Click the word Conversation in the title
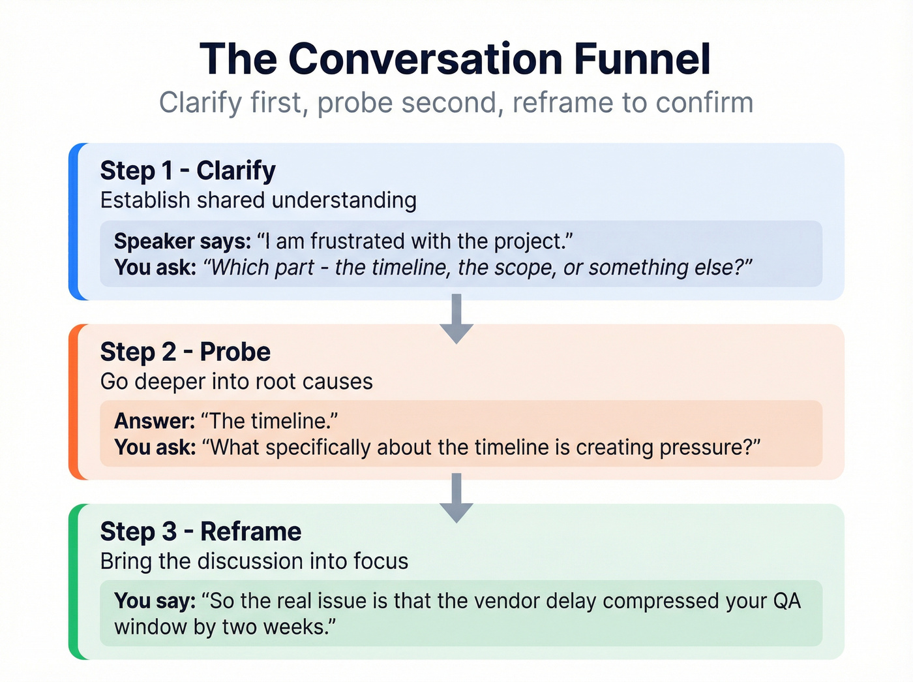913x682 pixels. pyautogui.click(x=425, y=59)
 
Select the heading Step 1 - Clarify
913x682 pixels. pyautogui.click(x=188, y=170)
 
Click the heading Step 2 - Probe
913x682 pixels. pyautogui.click(x=185, y=352)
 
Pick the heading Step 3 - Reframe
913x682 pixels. pyautogui.click(x=201, y=531)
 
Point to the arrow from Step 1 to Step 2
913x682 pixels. pyautogui.click(x=456, y=318)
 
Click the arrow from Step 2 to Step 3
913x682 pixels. pyautogui.click(x=456, y=498)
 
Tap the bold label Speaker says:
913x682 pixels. pyautogui.click(x=183, y=241)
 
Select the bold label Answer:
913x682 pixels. pyautogui.click(x=155, y=421)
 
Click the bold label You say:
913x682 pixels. pyautogui.click(x=155, y=600)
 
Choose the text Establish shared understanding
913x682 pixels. pyautogui.click(x=258, y=200)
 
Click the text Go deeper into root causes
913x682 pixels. pyautogui.click(x=236, y=381)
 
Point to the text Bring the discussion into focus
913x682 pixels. pyautogui.click(x=254, y=561)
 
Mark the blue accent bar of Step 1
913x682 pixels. pyautogui.click(x=74, y=221)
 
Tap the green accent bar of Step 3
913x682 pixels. pyautogui.click(x=74, y=581)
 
